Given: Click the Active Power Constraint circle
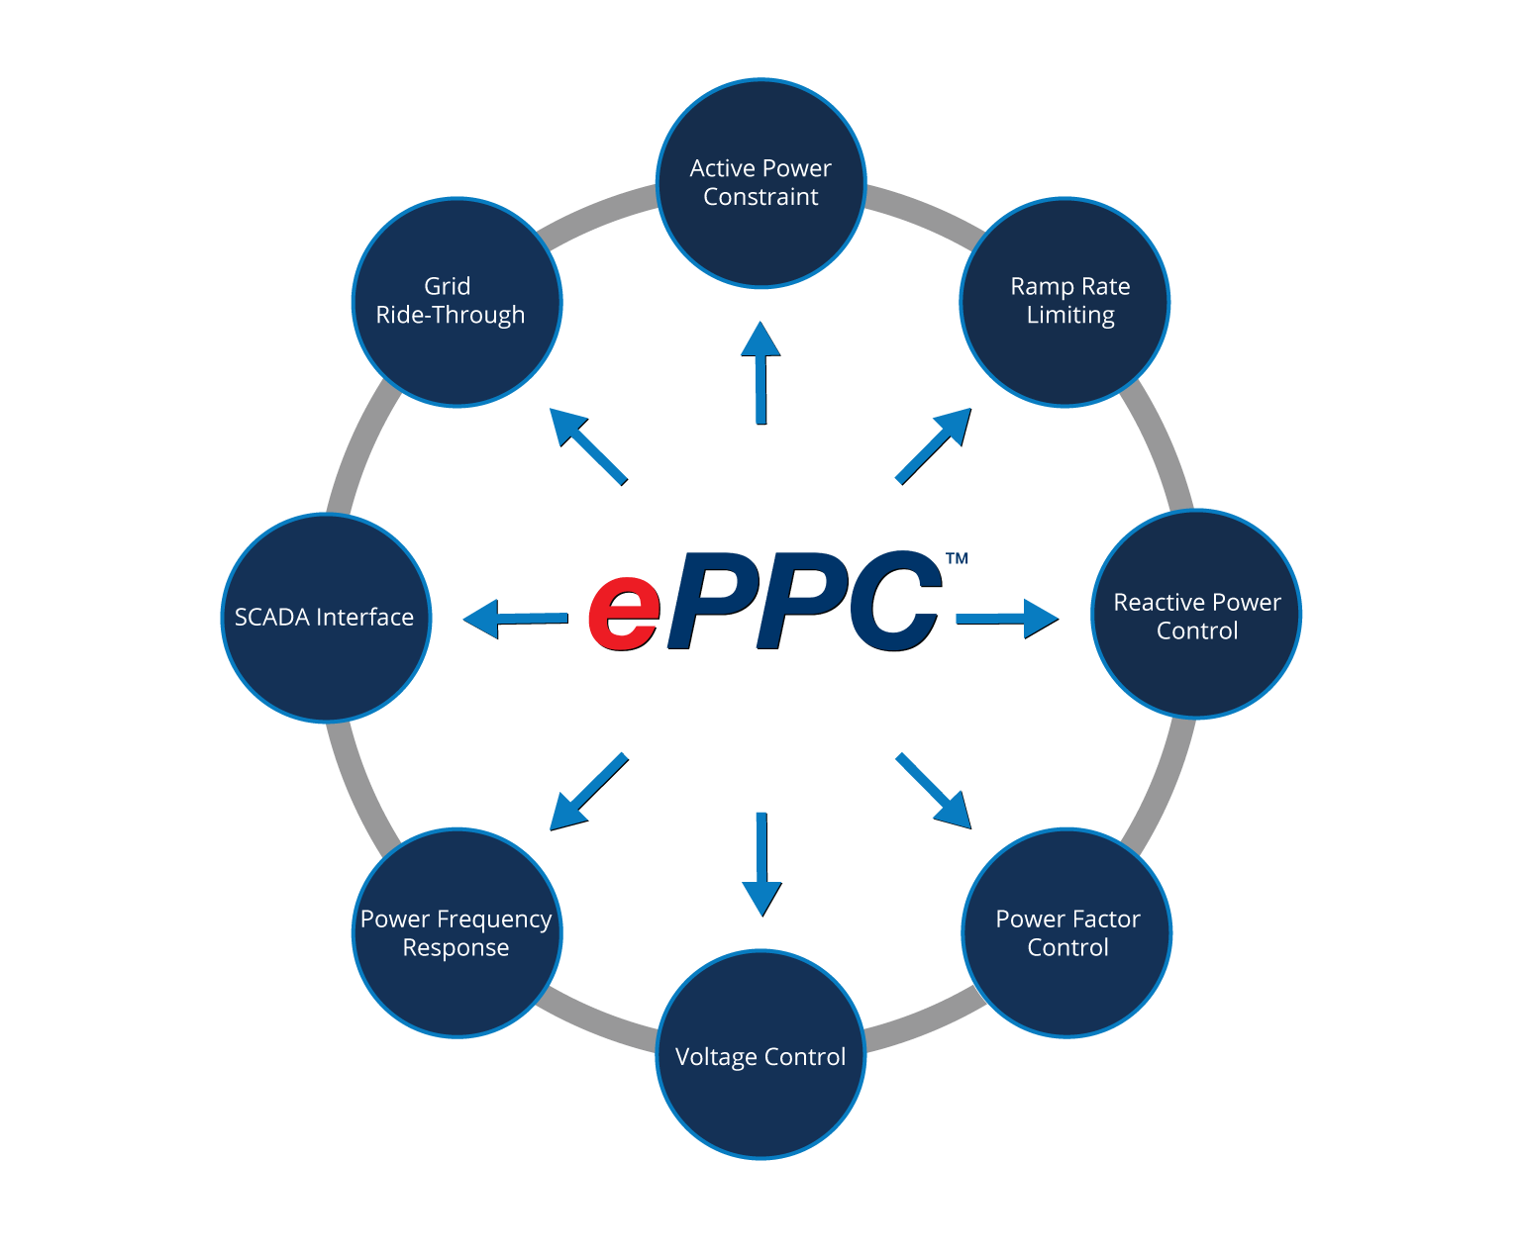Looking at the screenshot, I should click(x=760, y=183).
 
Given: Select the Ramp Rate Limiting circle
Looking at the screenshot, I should click(x=1065, y=302).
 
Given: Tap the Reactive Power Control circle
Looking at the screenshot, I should click(x=1196, y=615).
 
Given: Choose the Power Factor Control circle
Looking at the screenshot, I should click(x=1067, y=932).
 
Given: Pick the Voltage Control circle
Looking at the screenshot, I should click(x=760, y=1054).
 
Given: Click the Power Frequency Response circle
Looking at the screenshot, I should click(x=456, y=932).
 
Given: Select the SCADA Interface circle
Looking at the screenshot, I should click(x=326, y=618).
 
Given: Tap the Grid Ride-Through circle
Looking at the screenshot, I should click(x=456, y=302).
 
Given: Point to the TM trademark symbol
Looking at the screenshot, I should click(x=957, y=558).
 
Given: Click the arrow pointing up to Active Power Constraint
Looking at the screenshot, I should click(x=760, y=371).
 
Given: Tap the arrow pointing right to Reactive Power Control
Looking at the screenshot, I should click(x=1006, y=618).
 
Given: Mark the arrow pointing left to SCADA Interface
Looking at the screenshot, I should click(x=515, y=618).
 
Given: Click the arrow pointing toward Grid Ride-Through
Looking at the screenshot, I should click(x=588, y=445).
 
